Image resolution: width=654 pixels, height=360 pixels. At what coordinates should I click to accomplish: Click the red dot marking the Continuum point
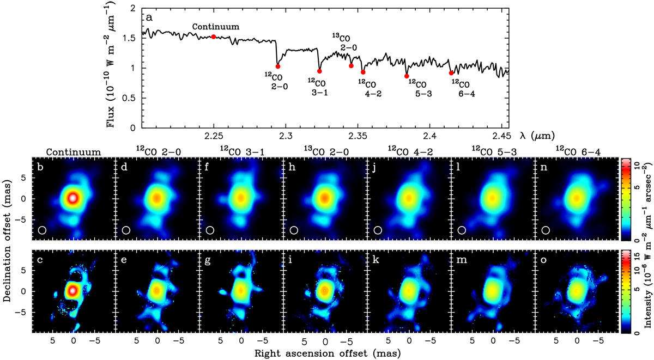point(214,36)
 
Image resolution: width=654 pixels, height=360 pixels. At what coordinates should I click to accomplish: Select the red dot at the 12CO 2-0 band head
point(278,66)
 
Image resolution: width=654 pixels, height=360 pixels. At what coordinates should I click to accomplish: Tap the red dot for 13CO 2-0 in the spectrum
point(351,66)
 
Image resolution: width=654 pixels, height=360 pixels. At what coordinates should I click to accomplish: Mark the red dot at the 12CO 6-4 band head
point(451,72)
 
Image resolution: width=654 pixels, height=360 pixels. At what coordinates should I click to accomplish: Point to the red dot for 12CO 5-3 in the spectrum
point(407,76)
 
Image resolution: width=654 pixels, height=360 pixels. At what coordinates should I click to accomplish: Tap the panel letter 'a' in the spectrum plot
point(148,17)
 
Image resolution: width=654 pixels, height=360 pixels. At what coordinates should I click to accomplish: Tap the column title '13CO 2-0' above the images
point(325,149)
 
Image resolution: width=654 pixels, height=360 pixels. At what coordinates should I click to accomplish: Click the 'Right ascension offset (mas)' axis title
point(325,353)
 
